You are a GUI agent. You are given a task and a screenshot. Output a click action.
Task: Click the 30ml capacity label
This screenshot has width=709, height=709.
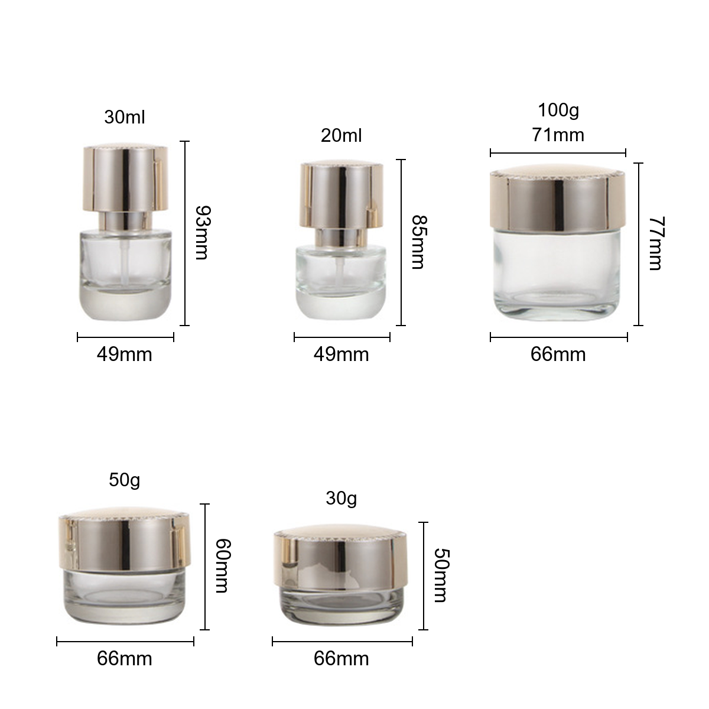[124, 117]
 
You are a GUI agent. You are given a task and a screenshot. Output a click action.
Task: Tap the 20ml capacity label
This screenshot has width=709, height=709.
[341, 135]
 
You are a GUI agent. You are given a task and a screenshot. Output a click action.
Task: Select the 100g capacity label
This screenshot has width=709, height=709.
[558, 110]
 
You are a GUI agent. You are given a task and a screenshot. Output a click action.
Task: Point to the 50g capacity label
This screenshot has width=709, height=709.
[124, 480]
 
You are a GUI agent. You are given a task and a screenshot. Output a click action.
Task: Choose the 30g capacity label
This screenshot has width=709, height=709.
[341, 499]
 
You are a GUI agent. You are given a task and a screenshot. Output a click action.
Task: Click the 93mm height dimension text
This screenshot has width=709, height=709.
[203, 233]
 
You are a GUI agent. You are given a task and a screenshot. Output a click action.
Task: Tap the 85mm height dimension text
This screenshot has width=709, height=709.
[419, 242]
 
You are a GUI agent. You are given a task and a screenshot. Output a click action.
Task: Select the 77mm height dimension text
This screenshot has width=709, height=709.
[656, 243]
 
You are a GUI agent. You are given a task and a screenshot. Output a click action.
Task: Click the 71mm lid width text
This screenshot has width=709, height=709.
[558, 135]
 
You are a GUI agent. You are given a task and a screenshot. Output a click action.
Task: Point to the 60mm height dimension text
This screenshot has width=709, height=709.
[223, 566]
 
